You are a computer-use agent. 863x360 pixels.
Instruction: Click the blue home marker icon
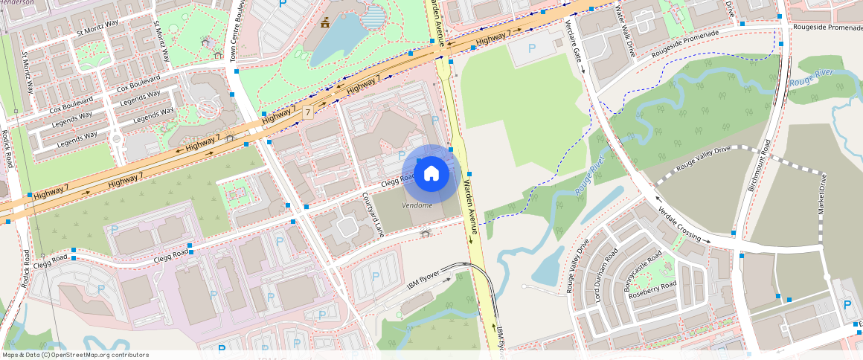pos(431,174)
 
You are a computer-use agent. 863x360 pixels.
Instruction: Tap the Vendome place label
pos(417,205)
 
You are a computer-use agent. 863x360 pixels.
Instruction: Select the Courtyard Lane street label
pos(373,216)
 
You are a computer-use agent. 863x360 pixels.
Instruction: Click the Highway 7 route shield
pos(307,112)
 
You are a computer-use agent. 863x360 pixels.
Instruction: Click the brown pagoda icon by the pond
pos(324,25)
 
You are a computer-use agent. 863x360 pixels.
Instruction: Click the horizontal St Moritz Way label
pos(97,28)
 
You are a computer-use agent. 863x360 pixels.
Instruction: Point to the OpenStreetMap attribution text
pos(74,355)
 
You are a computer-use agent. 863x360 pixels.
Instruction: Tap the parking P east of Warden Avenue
pos(531,48)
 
